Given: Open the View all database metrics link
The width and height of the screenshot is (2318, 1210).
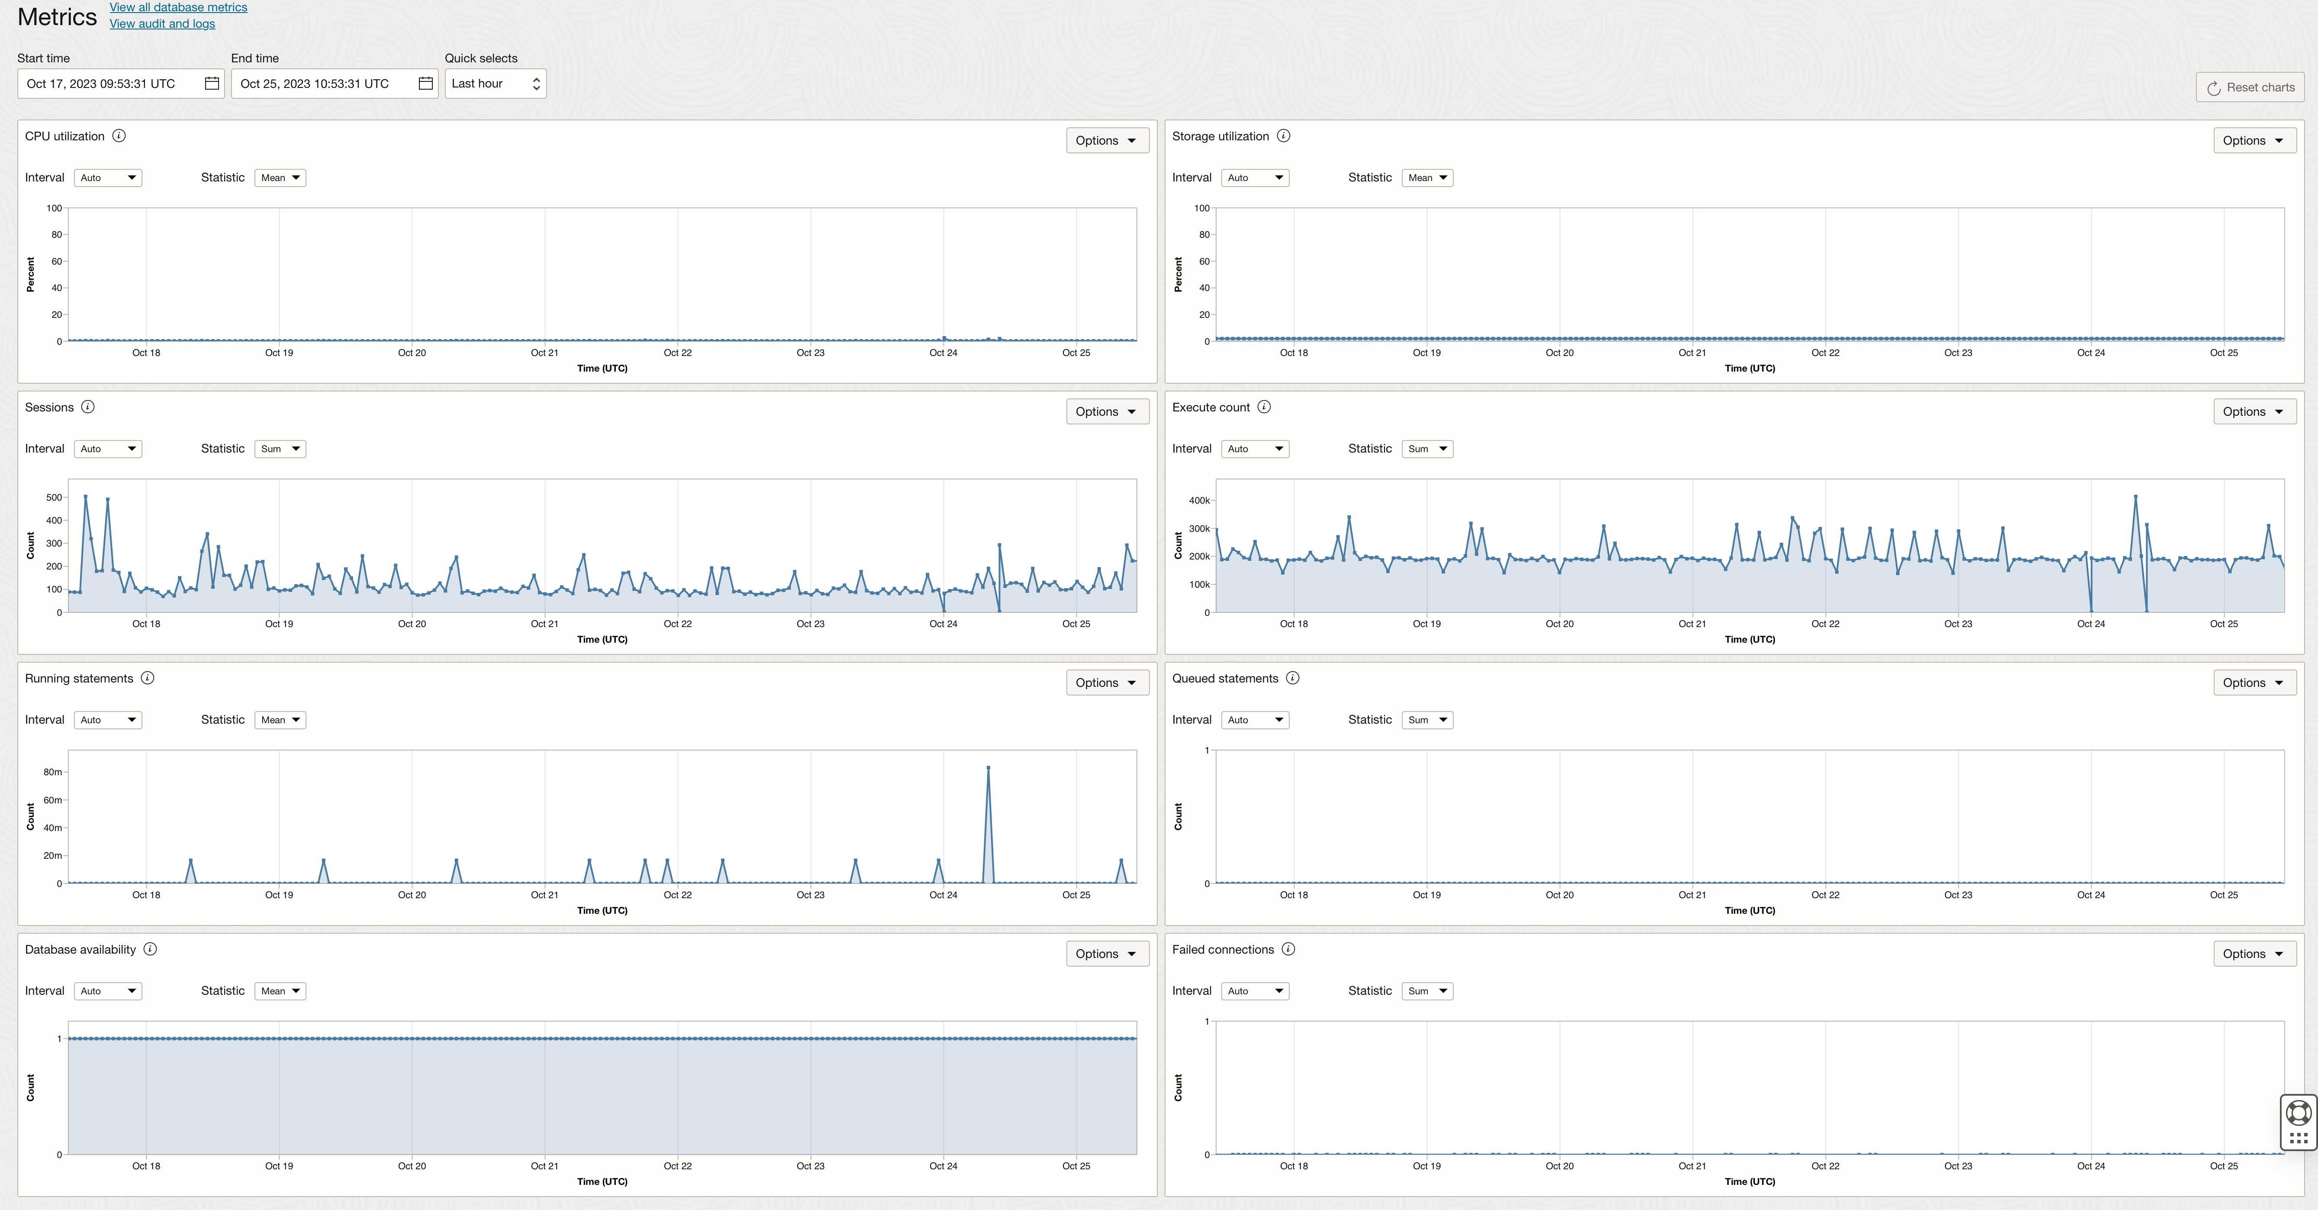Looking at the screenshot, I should pos(178,7).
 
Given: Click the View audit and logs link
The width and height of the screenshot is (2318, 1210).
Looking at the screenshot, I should pos(162,23).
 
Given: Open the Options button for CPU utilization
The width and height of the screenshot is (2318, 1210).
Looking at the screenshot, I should pos(1106,140).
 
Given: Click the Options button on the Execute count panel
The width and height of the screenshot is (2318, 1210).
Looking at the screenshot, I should pos(2253,411).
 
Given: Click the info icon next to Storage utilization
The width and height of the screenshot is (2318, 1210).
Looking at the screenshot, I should pos(1283,136).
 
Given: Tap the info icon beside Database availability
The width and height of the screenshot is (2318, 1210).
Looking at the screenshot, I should pos(150,949).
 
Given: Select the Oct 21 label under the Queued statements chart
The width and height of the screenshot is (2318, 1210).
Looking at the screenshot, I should pos(1692,895).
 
